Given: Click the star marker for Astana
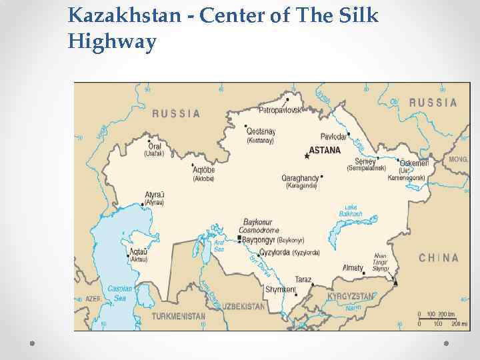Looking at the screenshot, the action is click(x=307, y=156).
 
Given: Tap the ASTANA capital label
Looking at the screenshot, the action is click(x=325, y=151).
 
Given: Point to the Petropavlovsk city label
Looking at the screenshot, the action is click(x=280, y=109).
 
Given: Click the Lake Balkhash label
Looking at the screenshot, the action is click(x=350, y=211).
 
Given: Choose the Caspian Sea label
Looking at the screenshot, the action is click(x=119, y=293).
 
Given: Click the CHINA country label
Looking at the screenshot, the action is click(x=438, y=258).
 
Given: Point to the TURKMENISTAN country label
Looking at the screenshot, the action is click(x=178, y=316).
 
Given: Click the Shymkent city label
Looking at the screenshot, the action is click(x=280, y=289).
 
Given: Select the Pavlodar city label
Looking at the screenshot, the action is click(x=333, y=136).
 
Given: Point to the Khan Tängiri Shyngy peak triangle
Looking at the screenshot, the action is click(x=396, y=283).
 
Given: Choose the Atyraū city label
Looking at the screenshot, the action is click(x=155, y=195).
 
